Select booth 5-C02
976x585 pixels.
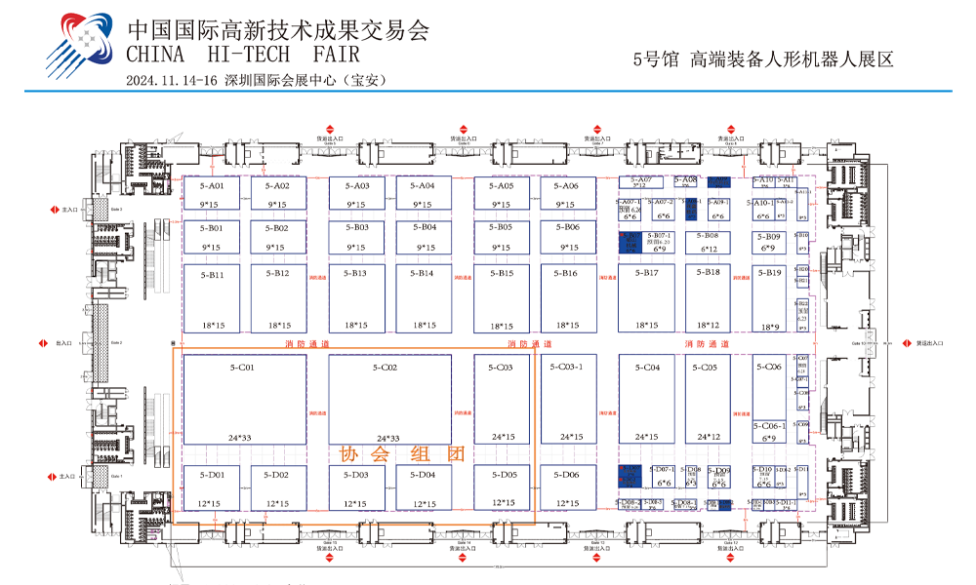(389, 400)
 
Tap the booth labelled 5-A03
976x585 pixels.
(356, 193)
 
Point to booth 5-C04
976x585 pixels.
(646, 400)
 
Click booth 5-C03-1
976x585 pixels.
(569, 400)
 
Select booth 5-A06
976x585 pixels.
(566, 193)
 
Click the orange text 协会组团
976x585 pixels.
(399, 454)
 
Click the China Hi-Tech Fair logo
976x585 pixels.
(82, 44)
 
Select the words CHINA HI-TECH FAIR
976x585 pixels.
(243, 53)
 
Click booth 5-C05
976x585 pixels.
(708, 400)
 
